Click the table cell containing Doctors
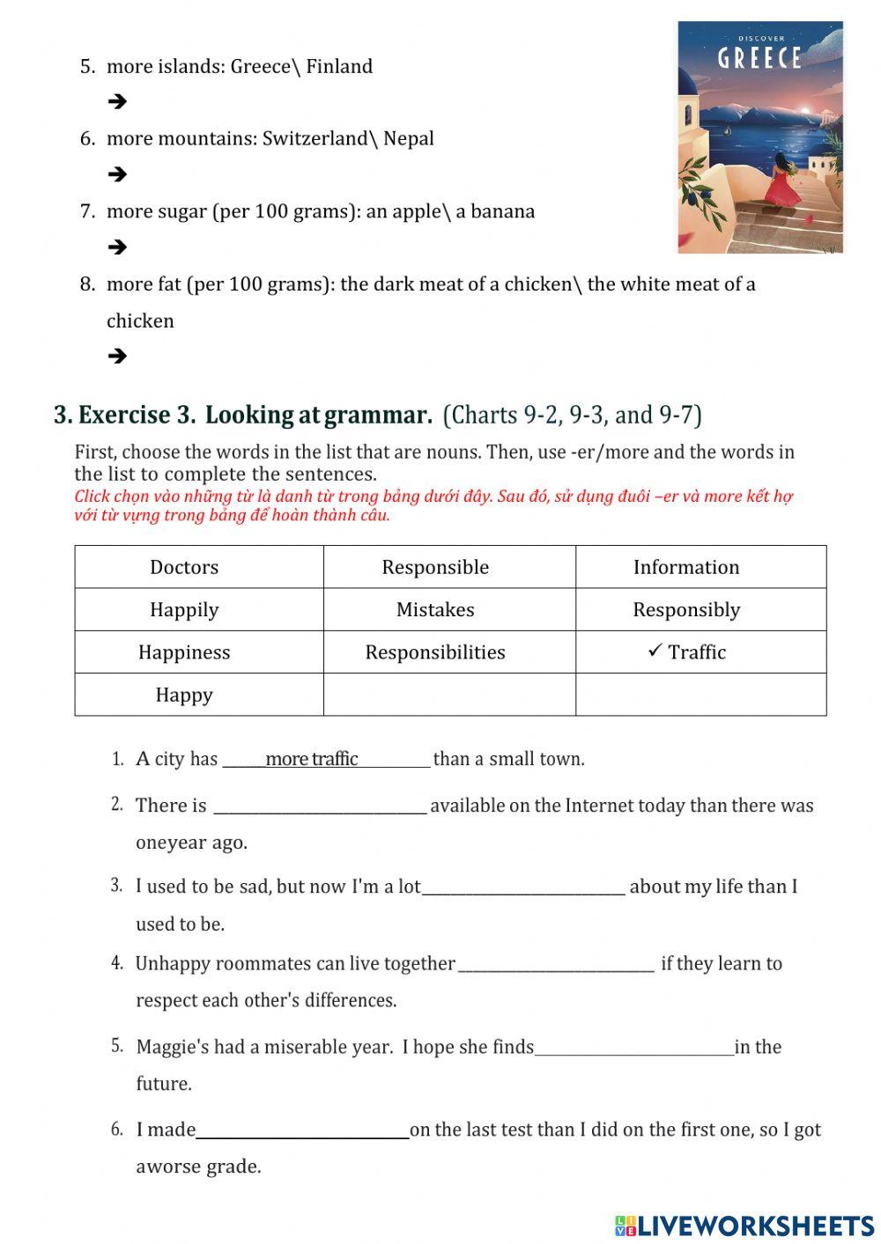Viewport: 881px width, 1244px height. click(x=184, y=567)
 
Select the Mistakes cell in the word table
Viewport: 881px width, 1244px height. click(x=435, y=609)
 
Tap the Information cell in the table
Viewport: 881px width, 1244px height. click(x=686, y=567)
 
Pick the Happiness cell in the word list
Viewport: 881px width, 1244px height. click(x=184, y=652)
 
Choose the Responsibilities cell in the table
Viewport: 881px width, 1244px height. click(x=435, y=652)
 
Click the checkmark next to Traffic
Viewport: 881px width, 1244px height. click(x=655, y=651)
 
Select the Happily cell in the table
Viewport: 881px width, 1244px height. click(x=184, y=609)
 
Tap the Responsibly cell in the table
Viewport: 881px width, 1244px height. click(x=686, y=609)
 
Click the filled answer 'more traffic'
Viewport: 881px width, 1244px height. click(x=311, y=759)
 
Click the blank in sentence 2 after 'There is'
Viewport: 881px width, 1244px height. click(x=321, y=806)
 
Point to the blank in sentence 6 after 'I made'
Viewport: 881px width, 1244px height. click(x=302, y=1130)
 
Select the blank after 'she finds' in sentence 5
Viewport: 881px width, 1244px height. click(x=634, y=1047)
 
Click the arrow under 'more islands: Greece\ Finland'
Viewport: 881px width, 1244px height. click(x=117, y=102)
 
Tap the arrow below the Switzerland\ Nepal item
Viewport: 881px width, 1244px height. click(x=117, y=174)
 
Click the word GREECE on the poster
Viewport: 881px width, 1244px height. click(x=759, y=59)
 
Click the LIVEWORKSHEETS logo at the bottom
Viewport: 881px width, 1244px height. click(x=744, y=1226)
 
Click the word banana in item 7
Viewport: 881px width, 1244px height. click(x=502, y=211)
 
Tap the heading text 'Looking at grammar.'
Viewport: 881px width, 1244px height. click(x=319, y=415)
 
